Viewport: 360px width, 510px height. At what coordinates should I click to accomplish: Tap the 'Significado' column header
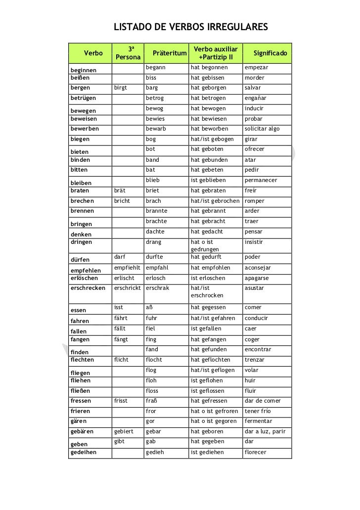point(271,53)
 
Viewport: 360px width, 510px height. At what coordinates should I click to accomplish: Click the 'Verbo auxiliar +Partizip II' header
point(215,53)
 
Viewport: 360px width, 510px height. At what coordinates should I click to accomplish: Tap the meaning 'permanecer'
point(261,181)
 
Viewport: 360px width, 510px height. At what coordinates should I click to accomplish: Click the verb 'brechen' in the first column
point(83,201)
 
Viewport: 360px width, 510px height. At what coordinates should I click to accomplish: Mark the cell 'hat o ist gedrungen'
point(208,246)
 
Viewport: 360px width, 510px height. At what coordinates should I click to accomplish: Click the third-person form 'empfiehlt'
point(127,268)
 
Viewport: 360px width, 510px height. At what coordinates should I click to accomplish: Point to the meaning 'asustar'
point(254,288)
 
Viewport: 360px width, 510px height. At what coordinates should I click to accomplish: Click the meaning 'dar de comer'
point(262,401)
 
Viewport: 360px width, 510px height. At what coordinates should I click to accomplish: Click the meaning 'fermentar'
point(258,421)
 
